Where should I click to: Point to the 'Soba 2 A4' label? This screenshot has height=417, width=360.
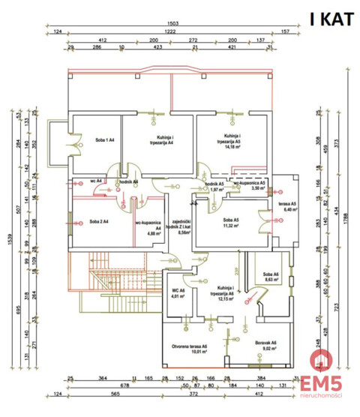tap(95, 223)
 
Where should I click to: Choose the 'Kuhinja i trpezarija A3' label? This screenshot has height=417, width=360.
tap(228, 139)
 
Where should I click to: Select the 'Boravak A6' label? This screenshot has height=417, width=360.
tap(265, 345)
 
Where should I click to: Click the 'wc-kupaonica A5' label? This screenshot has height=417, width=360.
tap(248, 186)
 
